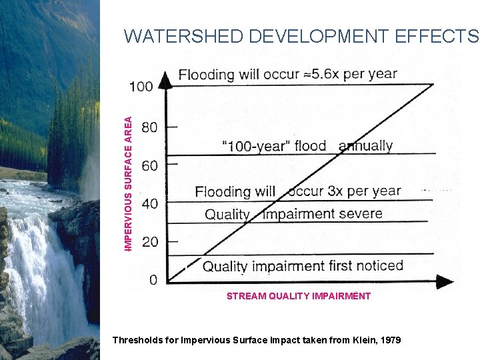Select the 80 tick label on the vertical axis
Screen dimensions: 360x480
(x=150, y=127)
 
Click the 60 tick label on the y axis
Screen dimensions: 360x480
(x=150, y=165)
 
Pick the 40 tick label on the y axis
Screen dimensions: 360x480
(x=150, y=203)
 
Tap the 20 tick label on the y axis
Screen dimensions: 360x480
(x=150, y=241)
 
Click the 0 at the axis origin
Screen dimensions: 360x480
(x=153, y=280)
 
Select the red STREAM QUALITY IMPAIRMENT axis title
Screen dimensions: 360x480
(x=298, y=296)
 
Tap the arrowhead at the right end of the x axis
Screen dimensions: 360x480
(x=445, y=283)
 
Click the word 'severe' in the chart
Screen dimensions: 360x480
(x=360, y=214)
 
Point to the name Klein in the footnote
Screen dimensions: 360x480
(x=357, y=340)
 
